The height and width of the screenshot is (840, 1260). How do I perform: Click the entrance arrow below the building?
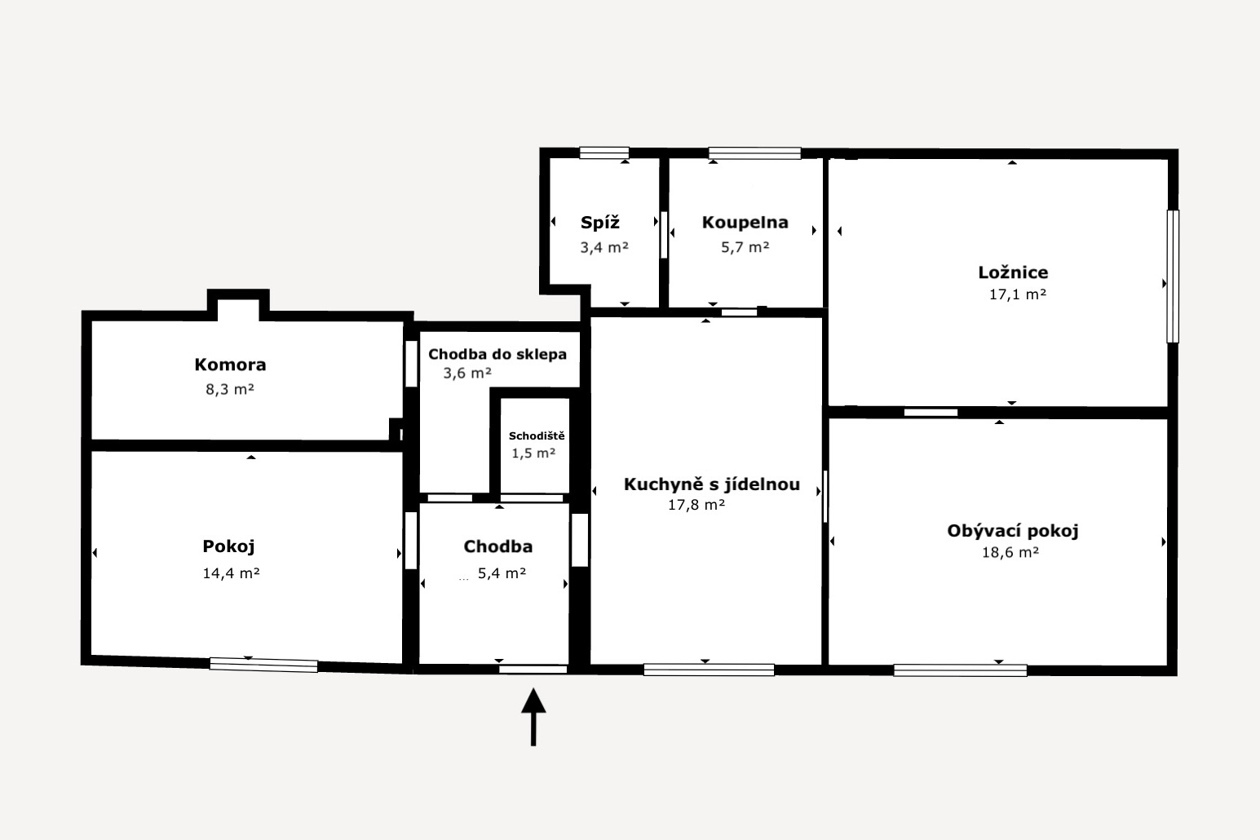533,717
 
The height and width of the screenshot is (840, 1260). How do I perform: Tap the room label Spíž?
600,223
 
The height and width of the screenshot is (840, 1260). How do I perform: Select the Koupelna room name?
745,223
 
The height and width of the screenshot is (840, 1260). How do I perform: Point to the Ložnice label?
1013,272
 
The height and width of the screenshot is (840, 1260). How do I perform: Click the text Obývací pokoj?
1013,531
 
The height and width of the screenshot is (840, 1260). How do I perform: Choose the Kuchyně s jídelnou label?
712,484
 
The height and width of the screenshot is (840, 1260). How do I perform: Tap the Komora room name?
230,365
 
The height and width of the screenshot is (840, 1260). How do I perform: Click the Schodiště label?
537,436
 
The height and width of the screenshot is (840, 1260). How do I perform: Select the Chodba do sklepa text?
497,355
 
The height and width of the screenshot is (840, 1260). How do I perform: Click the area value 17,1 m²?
1018,294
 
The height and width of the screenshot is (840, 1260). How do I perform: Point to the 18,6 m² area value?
1010,552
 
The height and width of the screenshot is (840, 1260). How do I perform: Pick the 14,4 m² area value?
231,573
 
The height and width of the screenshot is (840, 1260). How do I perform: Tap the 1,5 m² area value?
533,453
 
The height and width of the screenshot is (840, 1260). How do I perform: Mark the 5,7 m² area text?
745,247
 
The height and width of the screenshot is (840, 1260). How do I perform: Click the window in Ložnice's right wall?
1173,276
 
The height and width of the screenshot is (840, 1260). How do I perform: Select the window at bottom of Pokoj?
263,665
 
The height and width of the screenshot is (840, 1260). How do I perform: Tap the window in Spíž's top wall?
604,153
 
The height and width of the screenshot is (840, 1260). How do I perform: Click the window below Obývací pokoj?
960,670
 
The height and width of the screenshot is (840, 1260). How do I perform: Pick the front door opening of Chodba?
533,669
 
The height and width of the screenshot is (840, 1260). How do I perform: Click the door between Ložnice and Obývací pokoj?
931,413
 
